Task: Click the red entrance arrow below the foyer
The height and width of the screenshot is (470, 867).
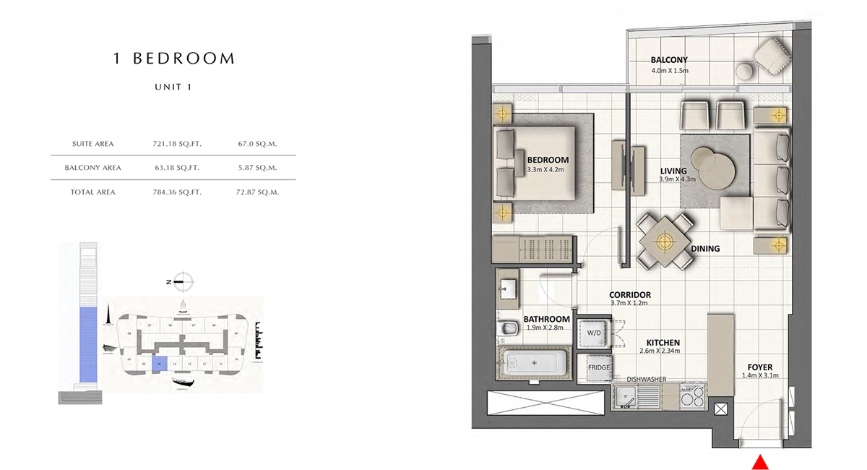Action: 759,461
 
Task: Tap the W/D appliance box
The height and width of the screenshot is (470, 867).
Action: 595,333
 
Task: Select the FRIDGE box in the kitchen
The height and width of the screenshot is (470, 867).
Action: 598,368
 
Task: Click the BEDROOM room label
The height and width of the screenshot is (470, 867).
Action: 548,160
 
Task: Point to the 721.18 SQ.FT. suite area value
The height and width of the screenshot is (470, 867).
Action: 177,144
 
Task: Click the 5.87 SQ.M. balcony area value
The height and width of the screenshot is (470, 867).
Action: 258,168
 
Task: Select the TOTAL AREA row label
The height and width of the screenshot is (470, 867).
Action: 93,192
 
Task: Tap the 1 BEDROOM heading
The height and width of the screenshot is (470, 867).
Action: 174,59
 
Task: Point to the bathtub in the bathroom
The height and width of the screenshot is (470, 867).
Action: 534,362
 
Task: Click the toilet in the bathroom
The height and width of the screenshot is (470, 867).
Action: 509,329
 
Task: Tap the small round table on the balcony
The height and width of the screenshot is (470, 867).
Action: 744,71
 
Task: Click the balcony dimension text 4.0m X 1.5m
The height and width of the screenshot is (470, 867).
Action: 669,71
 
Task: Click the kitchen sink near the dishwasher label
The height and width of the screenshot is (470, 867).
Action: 626,396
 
